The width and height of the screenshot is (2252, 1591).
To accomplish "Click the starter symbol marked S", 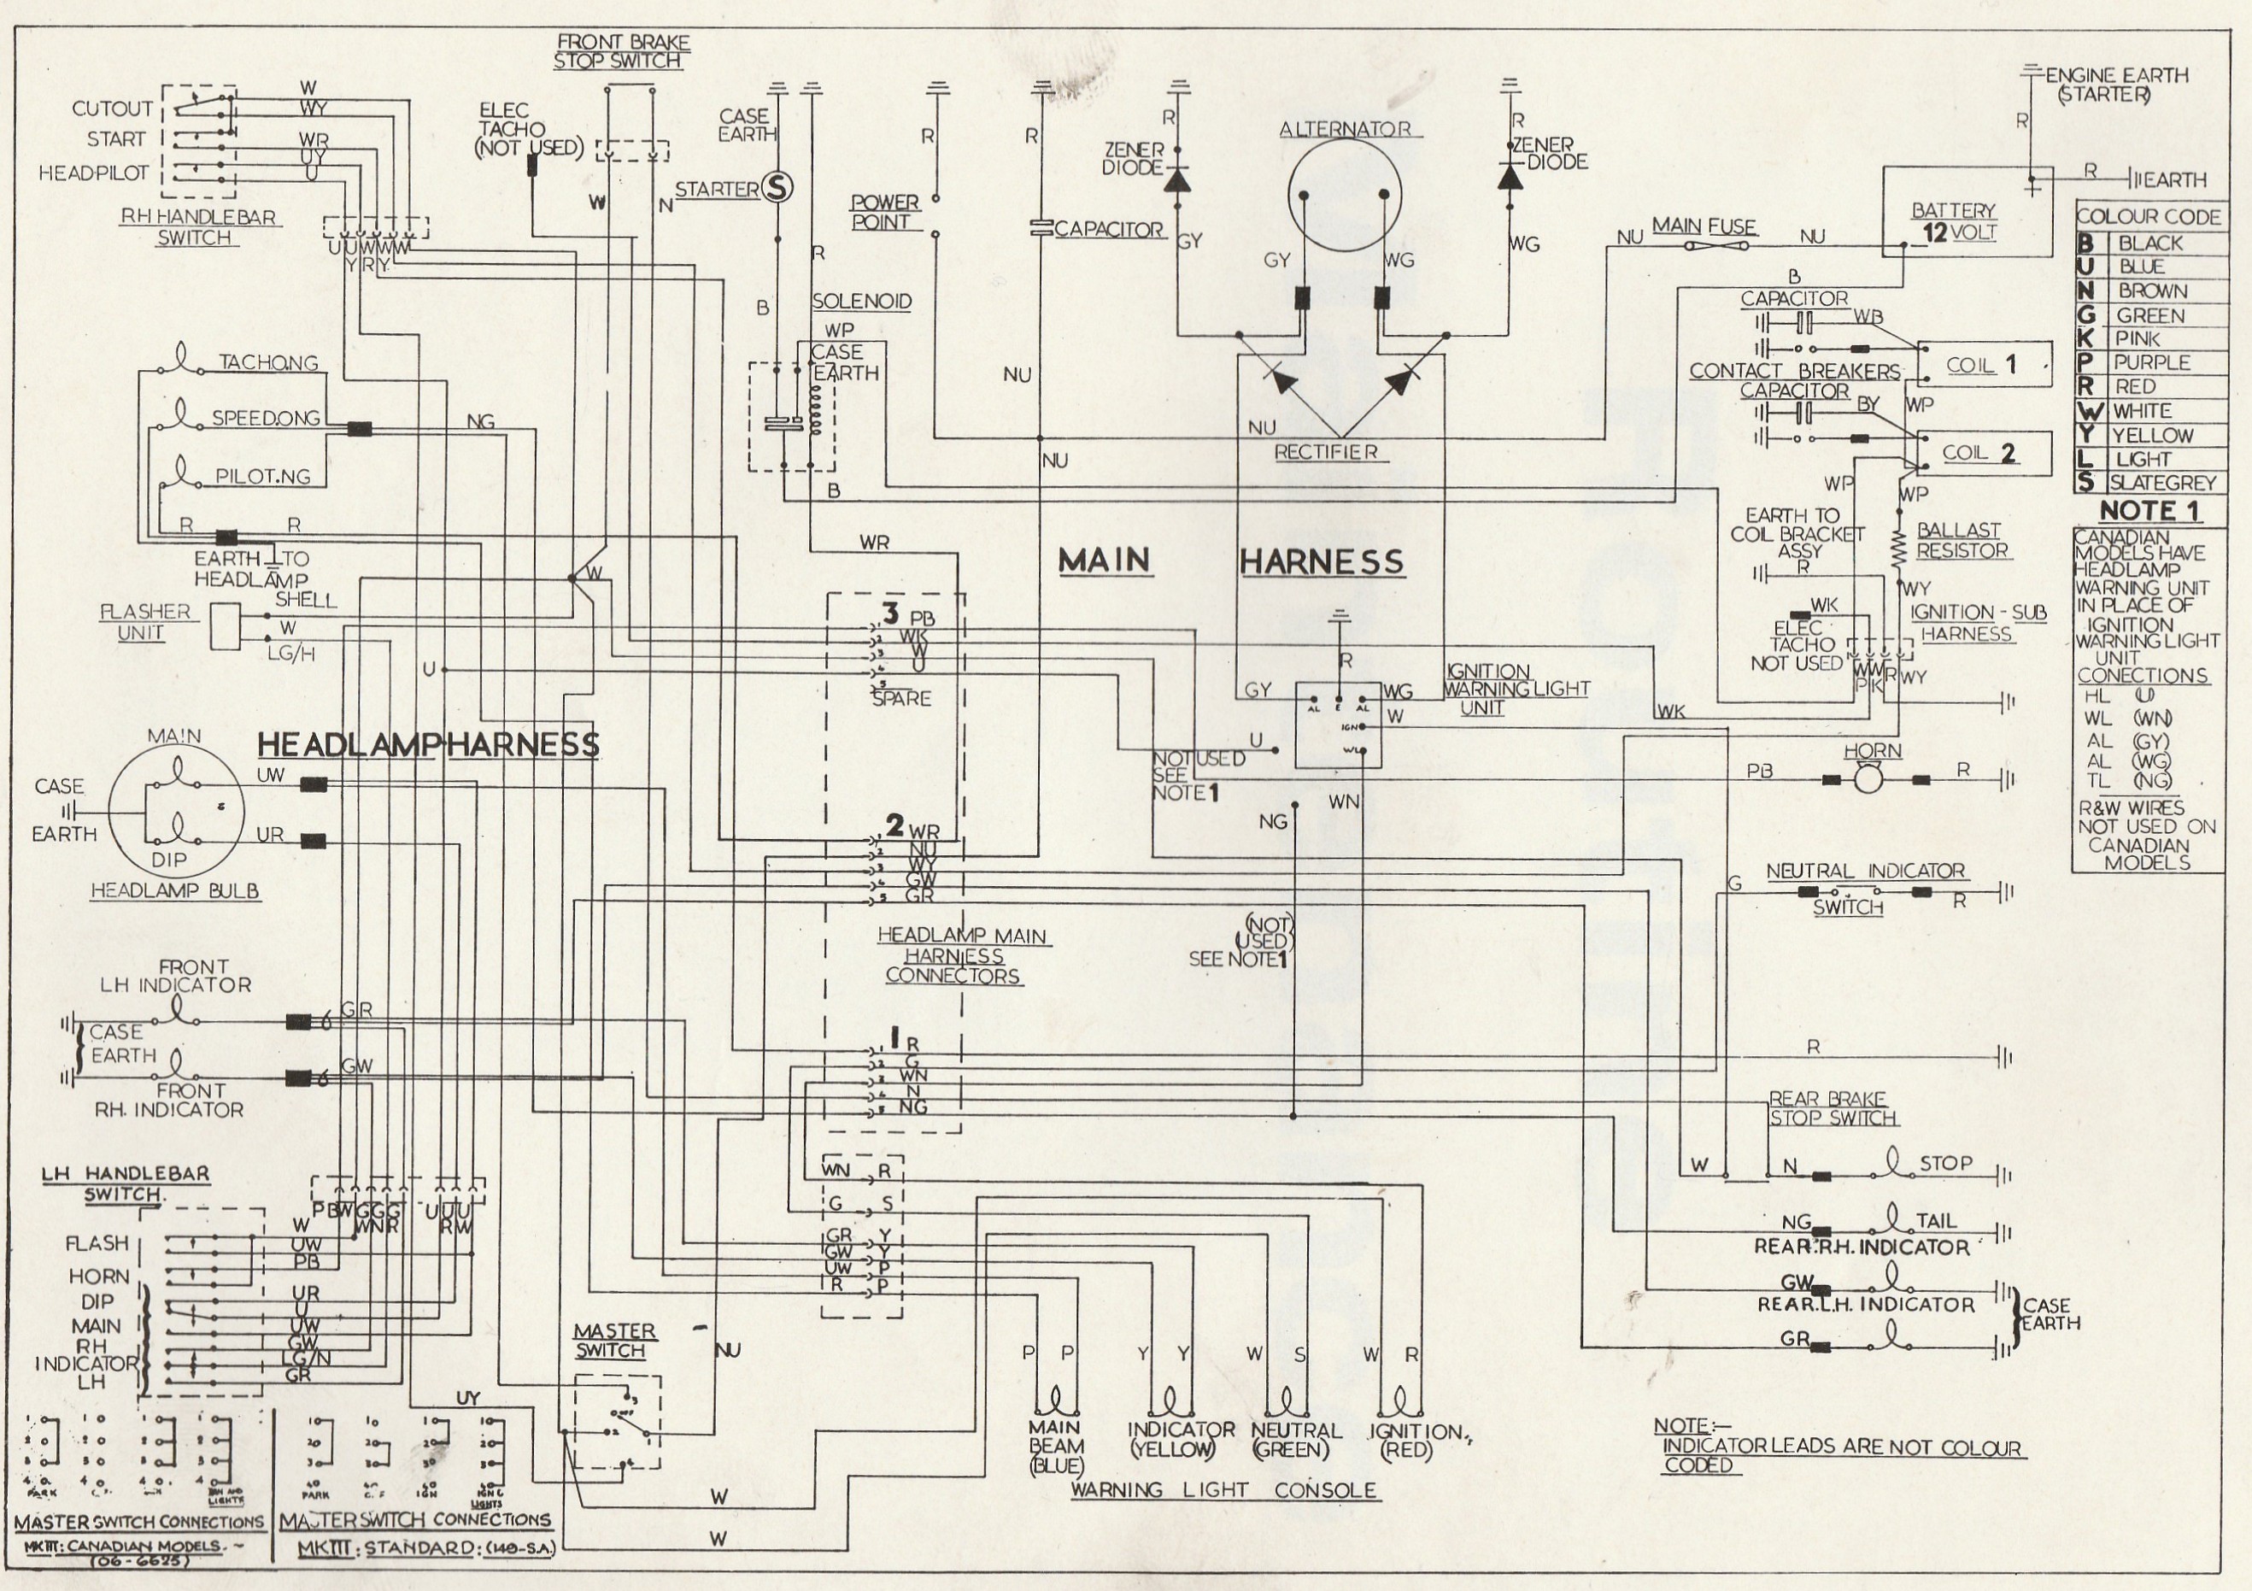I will (x=777, y=188).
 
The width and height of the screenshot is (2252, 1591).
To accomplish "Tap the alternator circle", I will (x=1344, y=194).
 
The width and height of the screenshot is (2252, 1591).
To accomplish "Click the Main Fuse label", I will (x=1704, y=226).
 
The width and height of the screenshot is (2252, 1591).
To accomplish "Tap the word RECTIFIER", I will (x=1325, y=452).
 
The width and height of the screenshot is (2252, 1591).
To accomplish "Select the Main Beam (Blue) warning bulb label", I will (x=1055, y=1446).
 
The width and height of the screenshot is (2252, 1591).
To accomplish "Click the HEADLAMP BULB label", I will (x=174, y=890).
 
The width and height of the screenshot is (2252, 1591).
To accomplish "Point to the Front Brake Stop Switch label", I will (x=621, y=51).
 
